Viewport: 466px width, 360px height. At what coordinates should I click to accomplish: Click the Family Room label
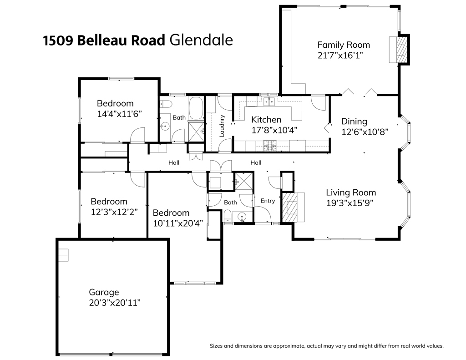click(344, 45)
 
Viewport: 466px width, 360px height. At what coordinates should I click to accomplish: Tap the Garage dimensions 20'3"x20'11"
click(115, 303)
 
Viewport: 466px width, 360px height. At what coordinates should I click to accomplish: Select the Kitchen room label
click(266, 120)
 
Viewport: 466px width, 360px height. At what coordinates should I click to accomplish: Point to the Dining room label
click(354, 122)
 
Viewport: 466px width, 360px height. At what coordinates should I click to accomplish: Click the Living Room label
click(351, 193)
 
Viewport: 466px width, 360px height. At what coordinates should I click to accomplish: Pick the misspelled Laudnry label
click(222, 126)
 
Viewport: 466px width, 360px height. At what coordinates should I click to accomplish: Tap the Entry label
click(268, 201)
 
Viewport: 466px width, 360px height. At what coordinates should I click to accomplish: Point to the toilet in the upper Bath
click(166, 104)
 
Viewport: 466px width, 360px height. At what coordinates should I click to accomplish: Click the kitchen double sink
click(269, 101)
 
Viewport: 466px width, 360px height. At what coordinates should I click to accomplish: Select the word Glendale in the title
click(201, 40)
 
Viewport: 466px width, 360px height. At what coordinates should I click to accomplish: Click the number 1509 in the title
click(58, 41)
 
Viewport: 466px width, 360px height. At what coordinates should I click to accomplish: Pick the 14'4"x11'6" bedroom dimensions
click(120, 114)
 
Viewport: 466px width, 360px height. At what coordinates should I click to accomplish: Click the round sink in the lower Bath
click(242, 217)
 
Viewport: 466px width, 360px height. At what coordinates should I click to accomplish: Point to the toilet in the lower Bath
click(228, 216)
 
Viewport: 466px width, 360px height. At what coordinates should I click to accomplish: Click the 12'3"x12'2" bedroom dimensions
click(114, 212)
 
